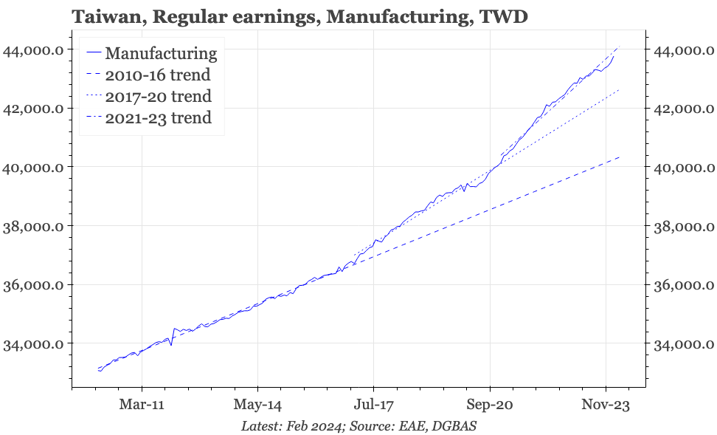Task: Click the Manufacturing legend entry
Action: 161,53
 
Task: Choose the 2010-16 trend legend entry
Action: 158,75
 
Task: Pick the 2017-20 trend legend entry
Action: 158,96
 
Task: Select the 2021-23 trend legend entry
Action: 158,117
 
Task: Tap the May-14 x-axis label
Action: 257,405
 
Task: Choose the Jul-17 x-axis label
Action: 373,405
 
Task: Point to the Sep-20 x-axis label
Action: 490,405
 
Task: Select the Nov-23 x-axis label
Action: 606,405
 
